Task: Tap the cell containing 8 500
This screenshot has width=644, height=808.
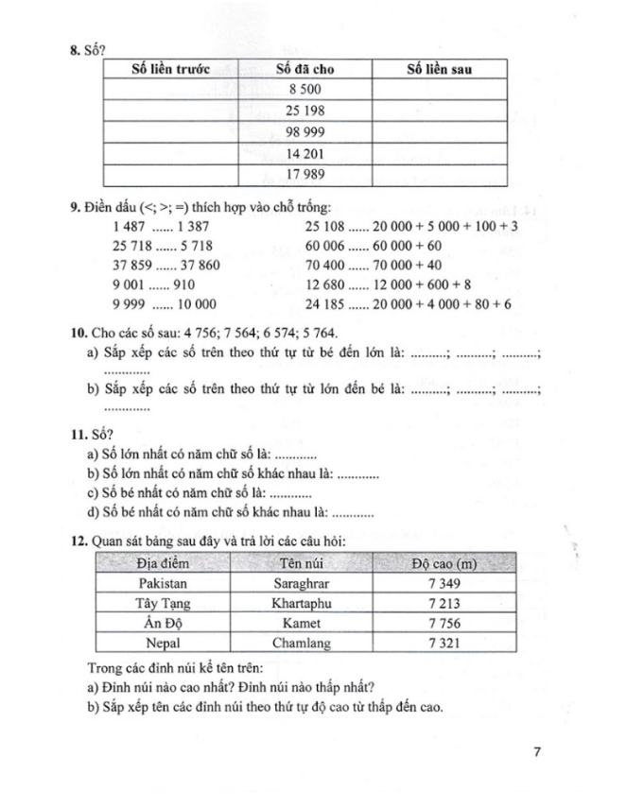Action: pos(305,89)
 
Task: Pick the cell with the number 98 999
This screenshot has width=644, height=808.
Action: pos(305,131)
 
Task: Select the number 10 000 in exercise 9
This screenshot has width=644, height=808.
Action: pos(195,303)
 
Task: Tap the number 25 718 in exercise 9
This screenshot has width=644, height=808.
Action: pos(132,246)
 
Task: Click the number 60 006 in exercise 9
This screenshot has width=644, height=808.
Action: pos(325,246)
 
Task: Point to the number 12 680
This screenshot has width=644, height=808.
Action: pos(325,284)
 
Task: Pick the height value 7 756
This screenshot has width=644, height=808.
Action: pos(443,624)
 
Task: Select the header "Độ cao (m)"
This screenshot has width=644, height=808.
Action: pos(443,564)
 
